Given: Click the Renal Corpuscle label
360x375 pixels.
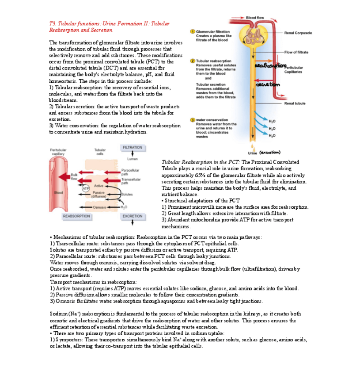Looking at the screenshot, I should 298,33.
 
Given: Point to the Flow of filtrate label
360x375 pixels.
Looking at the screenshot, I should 296,53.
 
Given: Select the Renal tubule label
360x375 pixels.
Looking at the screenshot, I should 295,103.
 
